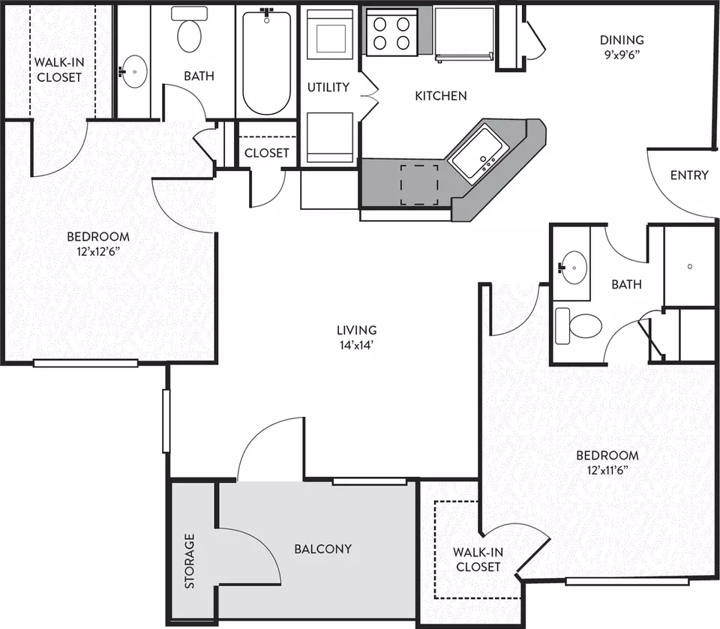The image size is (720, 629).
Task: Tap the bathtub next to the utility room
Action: pyautogui.click(x=266, y=62)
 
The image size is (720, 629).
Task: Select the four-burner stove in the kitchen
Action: pyautogui.click(x=391, y=32)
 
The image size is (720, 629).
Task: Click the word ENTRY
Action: pyautogui.click(x=689, y=175)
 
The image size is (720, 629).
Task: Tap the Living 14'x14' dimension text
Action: pyautogui.click(x=356, y=345)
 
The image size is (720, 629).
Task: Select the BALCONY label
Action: pyautogui.click(x=322, y=549)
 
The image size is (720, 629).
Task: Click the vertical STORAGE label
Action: pyautogui.click(x=189, y=561)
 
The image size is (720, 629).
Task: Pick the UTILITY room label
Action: pyautogui.click(x=328, y=87)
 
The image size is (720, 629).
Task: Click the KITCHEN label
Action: pyautogui.click(x=441, y=95)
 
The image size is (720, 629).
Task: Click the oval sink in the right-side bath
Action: pyautogui.click(x=574, y=267)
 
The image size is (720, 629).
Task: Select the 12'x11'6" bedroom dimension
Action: pyautogui.click(x=607, y=471)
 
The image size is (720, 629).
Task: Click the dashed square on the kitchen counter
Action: pyautogui.click(x=418, y=184)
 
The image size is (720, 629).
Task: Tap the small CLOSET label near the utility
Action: pyautogui.click(x=266, y=152)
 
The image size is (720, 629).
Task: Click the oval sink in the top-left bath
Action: pyautogui.click(x=134, y=71)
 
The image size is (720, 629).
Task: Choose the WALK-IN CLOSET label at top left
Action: pyautogui.click(x=58, y=69)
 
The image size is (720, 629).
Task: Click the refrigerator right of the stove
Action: pyautogui.click(x=464, y=34)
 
